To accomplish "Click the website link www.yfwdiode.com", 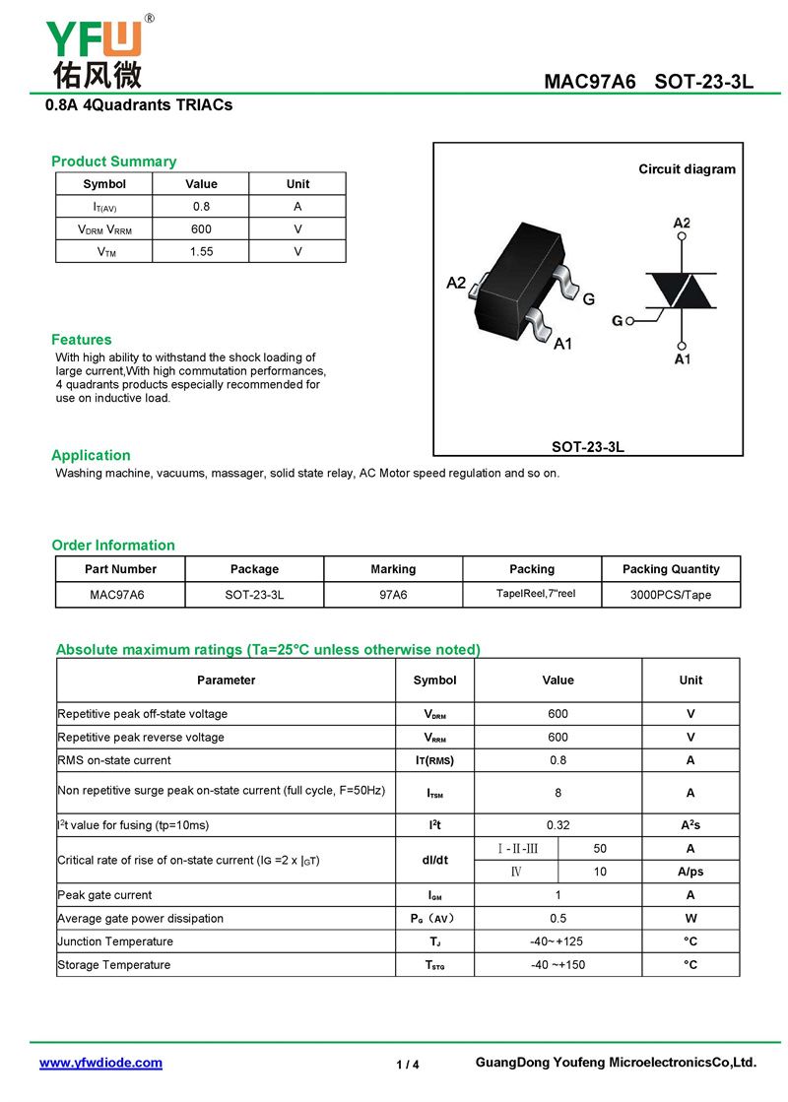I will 100,1063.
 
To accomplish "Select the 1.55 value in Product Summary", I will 201,251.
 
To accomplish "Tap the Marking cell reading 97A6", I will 393,595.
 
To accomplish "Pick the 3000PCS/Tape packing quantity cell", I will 671,595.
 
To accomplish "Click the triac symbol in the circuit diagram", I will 681,292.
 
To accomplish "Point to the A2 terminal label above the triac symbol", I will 682,224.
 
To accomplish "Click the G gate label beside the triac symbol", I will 617,321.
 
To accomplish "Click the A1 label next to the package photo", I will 562,344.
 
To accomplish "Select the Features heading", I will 82,340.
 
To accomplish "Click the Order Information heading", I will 113,546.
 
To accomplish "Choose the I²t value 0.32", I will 558,825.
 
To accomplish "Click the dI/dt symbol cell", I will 434,860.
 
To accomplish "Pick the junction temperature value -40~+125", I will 558,941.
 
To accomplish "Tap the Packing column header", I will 532,569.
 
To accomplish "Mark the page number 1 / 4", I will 408,1065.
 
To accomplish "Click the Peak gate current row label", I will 104,895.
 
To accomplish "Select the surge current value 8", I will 558,793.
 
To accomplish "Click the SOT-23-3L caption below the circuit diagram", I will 588,446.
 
